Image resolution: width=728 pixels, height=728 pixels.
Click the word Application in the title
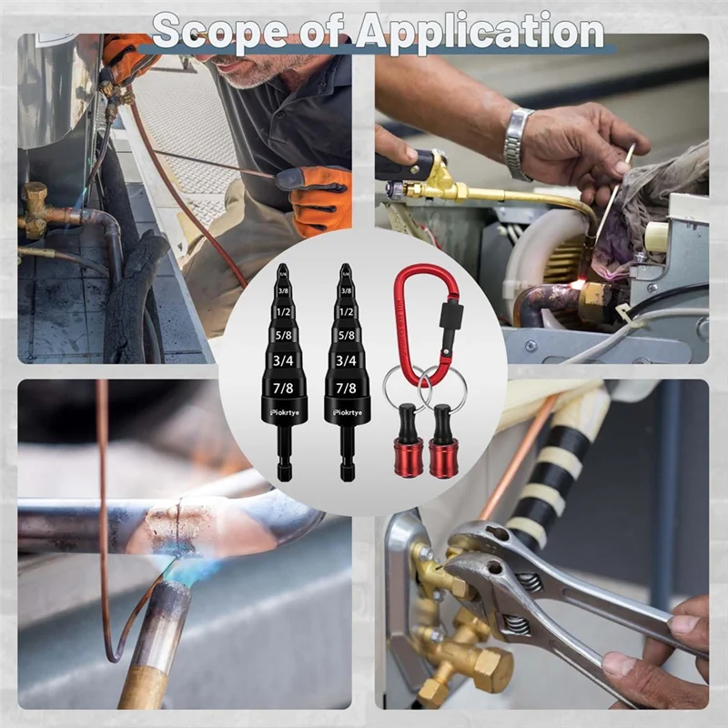480,32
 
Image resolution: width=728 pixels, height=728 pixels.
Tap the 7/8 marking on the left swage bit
282,389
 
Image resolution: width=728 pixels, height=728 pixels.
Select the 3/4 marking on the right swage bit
346,361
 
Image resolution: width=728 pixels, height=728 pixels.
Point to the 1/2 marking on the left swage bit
282,312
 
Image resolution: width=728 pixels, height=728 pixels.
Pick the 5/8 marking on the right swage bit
346,335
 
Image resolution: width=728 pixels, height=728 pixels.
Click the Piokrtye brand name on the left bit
283,411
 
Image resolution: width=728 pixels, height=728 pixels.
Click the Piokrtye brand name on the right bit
347,411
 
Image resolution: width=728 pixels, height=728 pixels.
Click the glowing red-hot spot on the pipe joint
577,285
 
